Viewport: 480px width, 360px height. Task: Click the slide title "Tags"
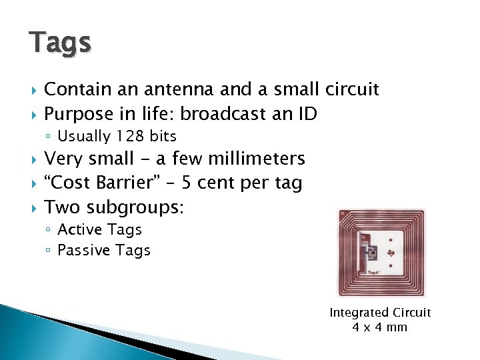click(x=60, y=42)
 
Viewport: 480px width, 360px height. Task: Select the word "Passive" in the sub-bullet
click(x=83, y=251)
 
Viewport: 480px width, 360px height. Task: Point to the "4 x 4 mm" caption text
click(x=379, y=327)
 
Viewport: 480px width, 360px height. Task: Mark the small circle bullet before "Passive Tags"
click(x=50, y=251)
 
